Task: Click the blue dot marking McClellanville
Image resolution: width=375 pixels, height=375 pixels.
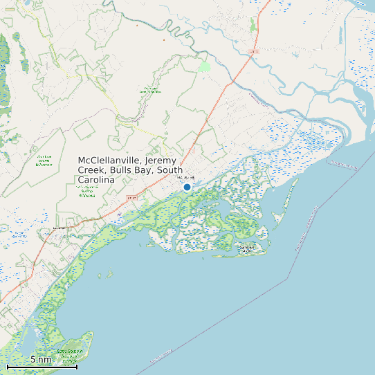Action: (x=187, y=187)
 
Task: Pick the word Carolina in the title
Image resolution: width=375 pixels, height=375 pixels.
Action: (x=96, y=180)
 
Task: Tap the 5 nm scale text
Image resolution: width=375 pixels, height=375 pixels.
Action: (x=40, y=359)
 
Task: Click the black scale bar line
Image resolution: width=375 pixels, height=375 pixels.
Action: (x=42, y=367)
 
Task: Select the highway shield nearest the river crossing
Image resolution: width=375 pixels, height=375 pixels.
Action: (x=254, y=52)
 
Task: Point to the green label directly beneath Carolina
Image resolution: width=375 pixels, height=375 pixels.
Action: (x=87, y=192)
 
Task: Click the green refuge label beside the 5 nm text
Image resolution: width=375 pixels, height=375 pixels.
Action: (x=69, y=356)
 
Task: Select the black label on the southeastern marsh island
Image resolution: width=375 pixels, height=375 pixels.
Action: (x=247, y=247)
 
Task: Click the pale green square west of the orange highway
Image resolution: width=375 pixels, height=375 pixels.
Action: (x=204, y=67)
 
